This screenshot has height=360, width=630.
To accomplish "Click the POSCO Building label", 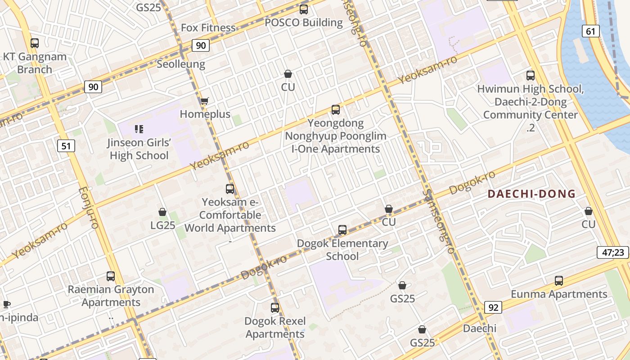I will pos(304,22).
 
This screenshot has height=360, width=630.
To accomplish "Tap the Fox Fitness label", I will pos(208,28).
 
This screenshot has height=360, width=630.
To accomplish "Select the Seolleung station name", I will pos(181,64).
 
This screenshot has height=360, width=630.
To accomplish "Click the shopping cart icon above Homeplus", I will pos(205,101).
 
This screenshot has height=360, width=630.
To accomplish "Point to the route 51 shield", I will pos(66,146).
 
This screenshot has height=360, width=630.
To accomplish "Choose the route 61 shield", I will pos(590,31).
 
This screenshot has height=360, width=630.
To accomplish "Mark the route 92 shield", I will pos(493,308).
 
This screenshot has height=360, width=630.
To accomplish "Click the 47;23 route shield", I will pos(613,252).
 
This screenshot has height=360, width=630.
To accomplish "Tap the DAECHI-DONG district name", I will pos(531,194).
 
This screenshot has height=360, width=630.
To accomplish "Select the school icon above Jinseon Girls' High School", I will pos(139,130).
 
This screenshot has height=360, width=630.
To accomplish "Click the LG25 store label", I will pos(163,225).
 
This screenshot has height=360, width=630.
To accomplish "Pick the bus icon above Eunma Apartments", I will pos(559,281).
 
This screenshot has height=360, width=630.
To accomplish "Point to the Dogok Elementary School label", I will pos(342,250).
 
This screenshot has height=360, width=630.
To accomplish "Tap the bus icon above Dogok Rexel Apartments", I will pos(275,308).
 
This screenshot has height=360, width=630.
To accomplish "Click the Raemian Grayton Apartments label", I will pos(111,296).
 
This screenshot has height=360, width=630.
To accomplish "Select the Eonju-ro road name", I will pos(88,208).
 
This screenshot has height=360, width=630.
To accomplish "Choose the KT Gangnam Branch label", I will pos(35,63).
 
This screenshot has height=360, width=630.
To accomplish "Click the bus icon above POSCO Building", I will pos(304,9).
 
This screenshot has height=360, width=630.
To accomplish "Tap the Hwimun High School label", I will pos(531,89).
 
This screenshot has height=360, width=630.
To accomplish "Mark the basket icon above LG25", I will pos(162,212).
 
